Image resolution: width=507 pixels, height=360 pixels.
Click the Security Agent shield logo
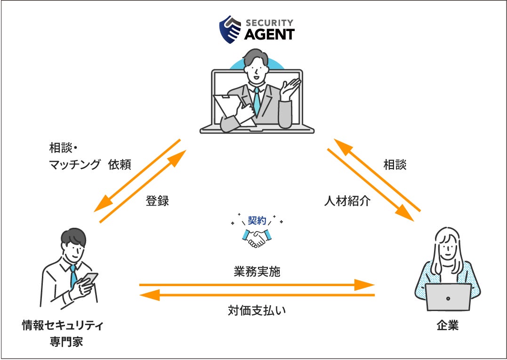(x=231, y=30)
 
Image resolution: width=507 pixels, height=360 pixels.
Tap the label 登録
(x=157, y=201)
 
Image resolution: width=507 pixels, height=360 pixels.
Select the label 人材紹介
(x=347, y=201)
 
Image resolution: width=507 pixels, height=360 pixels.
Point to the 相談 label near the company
(x=394, y=165)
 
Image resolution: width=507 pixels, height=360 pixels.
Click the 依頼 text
(x=120, y=165)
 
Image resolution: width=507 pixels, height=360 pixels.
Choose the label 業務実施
(x=257, y=272)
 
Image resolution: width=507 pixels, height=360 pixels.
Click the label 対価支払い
(x=257, y=311)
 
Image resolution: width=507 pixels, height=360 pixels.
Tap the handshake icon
(x=257, y=238)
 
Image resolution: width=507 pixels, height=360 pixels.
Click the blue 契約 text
(x=257, y=220)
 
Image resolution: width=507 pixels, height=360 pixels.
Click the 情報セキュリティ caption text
(x=63, y=326)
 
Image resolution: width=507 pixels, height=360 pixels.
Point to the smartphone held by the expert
(x=89, y=278)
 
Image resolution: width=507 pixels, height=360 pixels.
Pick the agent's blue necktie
(x=257, y=101)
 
